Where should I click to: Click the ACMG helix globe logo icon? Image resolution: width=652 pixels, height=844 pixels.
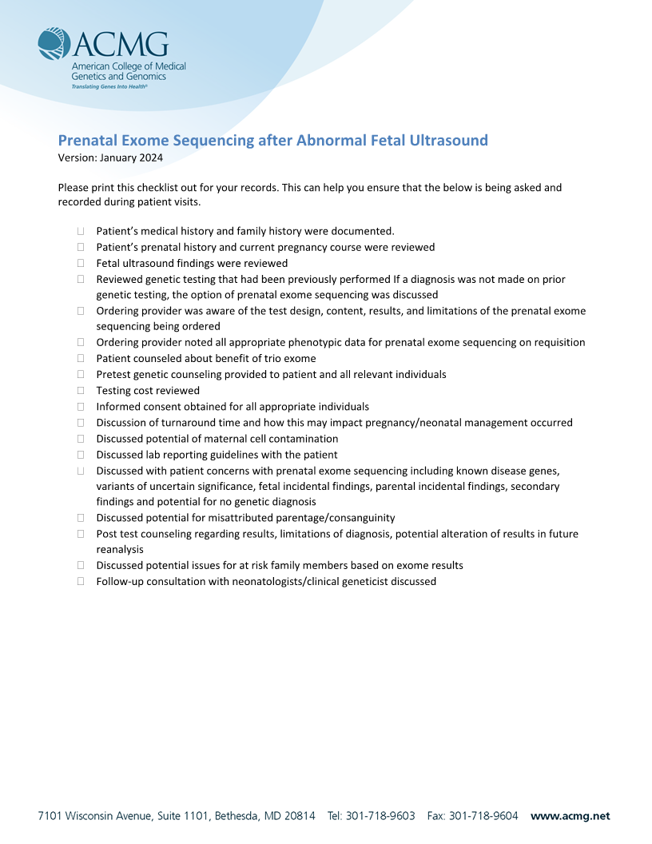pyautogui.click(x=54, y=44)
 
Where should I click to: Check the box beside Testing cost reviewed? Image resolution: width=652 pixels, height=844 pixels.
pyautogui.click(x=81, y=391)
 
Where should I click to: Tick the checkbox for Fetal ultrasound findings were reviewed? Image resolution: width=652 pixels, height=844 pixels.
pyautogui.click(x=81, y=263)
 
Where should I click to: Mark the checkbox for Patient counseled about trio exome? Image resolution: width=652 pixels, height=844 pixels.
pyautogui.click(x=81, y=358)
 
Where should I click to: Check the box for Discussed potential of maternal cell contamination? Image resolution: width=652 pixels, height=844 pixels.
pyautogui.click(x=81, y=439)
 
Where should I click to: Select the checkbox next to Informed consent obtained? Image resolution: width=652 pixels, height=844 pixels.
pyautogui.click(x=81, y=407)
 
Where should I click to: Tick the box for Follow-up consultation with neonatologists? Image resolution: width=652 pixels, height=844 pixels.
pyautogui.click(x=81, y=582)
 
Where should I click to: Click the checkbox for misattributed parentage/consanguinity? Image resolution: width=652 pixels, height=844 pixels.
pyautogui.click(x=81, y=518)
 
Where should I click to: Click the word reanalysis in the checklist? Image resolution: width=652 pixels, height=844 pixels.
pyautogui.click(x=120, y=550)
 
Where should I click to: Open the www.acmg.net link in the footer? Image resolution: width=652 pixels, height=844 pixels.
pyautogui.click(x=570, y=816)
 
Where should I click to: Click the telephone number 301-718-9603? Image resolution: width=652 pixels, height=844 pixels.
pyautogui.click(x=380, y=816)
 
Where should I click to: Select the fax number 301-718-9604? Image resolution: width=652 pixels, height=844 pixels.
pyautogui.click(x=483, y=816)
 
